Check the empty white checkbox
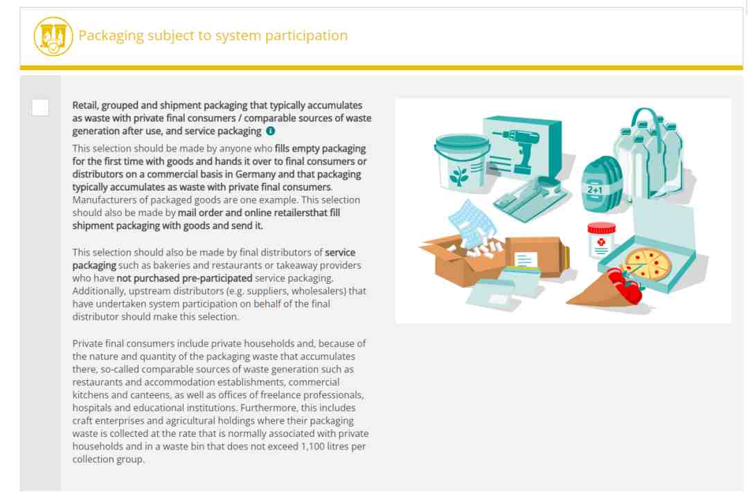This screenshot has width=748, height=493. (40, 107)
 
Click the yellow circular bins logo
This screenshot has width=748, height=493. (53, 36)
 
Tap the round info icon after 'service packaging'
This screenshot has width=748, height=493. (271, 131)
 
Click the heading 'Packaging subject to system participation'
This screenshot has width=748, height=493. (213, 35)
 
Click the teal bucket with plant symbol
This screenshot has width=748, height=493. (461, 162)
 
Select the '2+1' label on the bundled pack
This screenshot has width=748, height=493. (595, 189)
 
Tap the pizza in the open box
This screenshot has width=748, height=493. (648, 264)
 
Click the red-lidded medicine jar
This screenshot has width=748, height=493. (601, 240)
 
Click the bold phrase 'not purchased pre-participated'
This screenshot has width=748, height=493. (184, 278)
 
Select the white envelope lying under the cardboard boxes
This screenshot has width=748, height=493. (490, 295)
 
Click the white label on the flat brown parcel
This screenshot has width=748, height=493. (526, 260)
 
